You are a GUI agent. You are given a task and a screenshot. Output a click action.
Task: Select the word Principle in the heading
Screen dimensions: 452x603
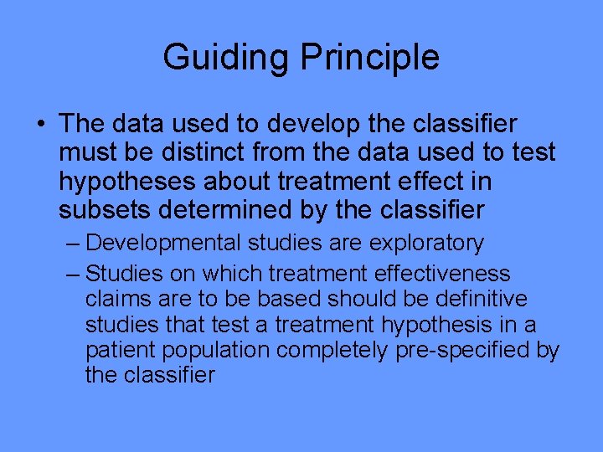(x=369, y=58)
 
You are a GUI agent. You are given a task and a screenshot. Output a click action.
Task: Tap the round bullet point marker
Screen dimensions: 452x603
(x=42, y=125)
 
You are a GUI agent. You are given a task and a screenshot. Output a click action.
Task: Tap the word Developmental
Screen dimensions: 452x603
(x=163, y=244)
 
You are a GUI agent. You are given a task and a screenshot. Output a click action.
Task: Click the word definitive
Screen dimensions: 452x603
(x=486, y=299)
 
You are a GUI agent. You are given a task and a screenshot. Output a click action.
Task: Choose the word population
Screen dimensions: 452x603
(x=220, y=350)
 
